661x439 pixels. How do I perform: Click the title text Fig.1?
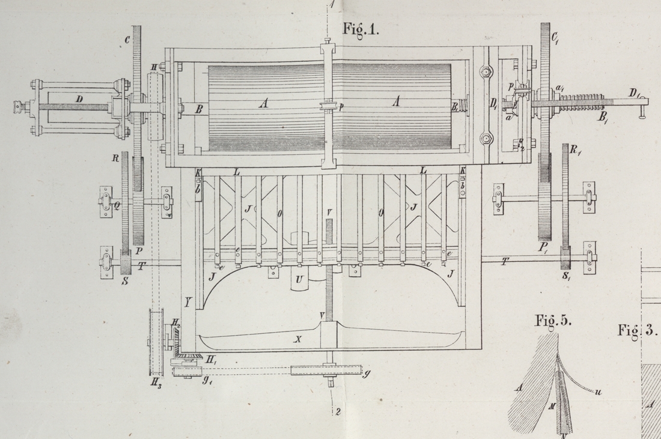click(361, 29)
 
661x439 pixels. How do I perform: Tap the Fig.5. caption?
click(552, 321)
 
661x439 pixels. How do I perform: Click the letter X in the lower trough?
click(296, 340)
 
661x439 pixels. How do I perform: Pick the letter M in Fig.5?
click(552, 405)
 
